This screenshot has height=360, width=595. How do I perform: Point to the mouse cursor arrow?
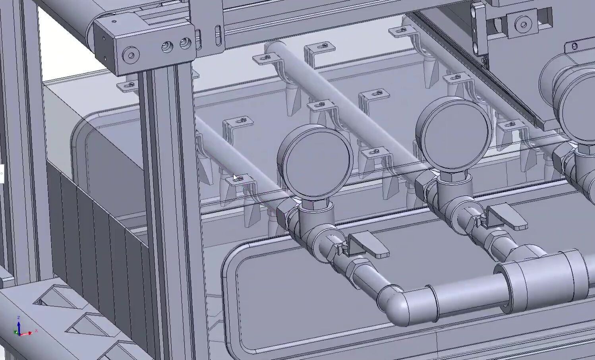pyautogui.click(x=235, y=177)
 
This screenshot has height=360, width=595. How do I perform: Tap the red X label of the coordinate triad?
pyautogui.click(x=36, y=330)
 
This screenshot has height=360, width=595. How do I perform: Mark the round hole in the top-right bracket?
pyautogui.click(x=523, y=25)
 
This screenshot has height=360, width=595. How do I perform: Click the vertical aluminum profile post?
pyautogui.click(x=167, y=199)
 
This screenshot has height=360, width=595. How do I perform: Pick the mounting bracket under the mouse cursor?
pyautogui.click(x=241, y=182)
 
